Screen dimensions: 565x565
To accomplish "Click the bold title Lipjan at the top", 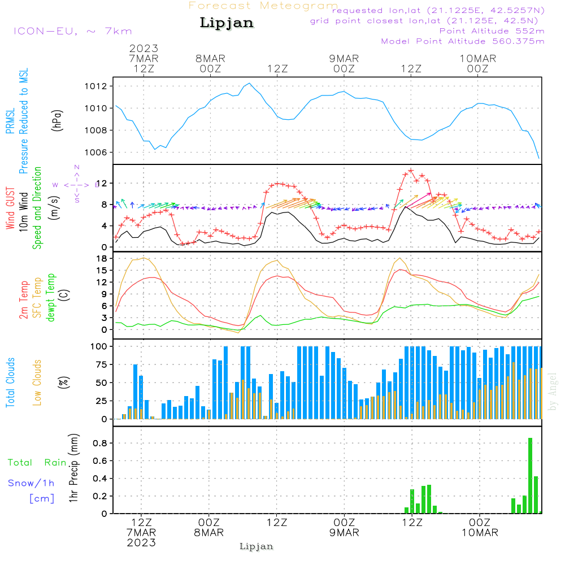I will [227, 23].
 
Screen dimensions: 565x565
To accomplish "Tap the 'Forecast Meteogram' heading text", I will [263, 6].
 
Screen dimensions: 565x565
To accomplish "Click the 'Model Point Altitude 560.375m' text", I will [463, 41].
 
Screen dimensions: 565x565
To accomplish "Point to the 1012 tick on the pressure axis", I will [100, 86].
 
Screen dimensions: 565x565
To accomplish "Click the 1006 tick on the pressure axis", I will [100, 153].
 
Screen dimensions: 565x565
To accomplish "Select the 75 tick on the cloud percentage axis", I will [102, 364].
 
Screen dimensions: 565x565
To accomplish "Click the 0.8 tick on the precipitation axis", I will [101, 444].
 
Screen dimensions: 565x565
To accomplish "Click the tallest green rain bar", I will [530, 475].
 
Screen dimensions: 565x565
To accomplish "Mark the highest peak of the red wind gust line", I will [411, 170].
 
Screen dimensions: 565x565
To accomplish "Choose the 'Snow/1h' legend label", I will [31, 483].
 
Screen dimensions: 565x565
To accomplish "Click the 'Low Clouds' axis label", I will [37, 382].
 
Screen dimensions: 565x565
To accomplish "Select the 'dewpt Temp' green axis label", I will [51, 298].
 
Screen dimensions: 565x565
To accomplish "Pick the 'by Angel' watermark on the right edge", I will [553, 392].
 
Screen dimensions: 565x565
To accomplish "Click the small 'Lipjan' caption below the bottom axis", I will [257, 546].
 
